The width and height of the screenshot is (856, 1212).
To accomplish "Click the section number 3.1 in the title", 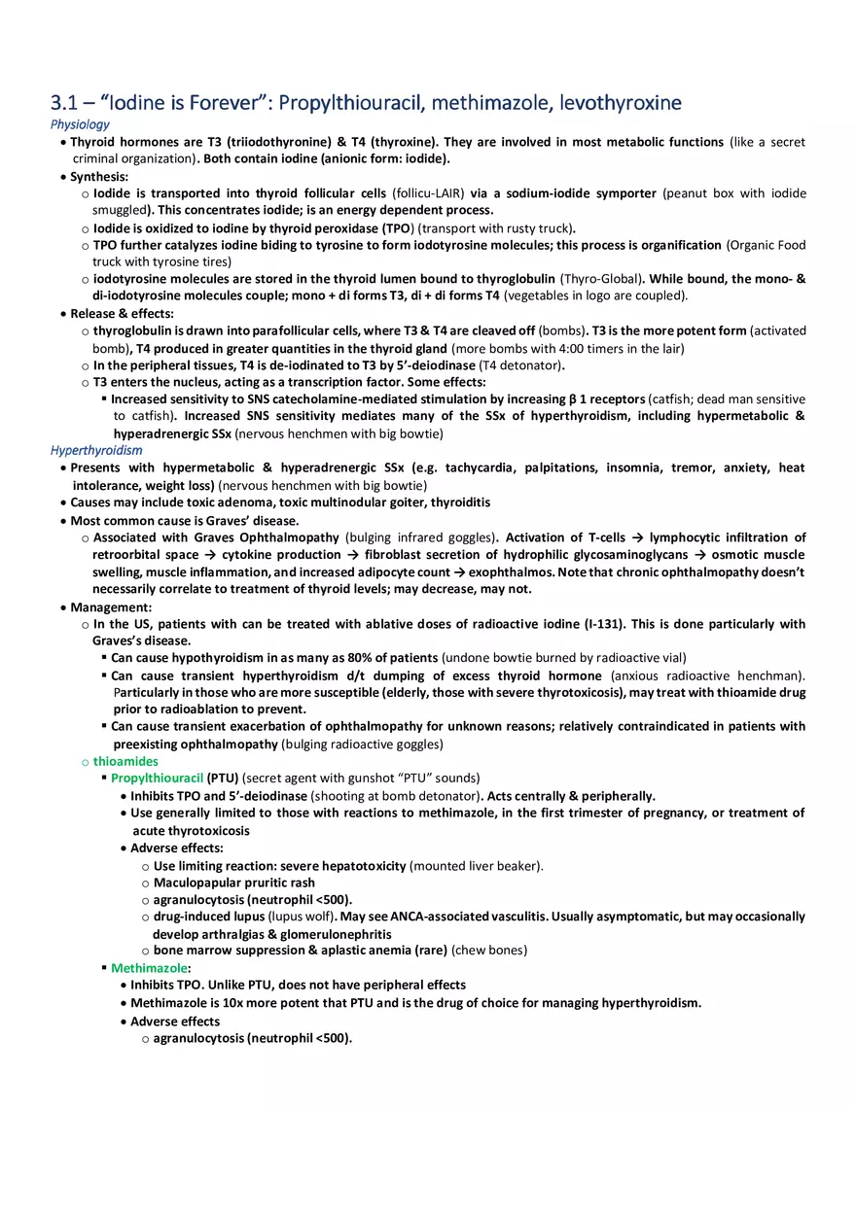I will (63, 103).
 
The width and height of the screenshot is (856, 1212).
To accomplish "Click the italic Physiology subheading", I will (80, 124).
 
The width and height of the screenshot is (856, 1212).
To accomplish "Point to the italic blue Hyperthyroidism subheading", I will (96, 450).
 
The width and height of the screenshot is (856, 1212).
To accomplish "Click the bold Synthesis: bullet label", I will (98, 177).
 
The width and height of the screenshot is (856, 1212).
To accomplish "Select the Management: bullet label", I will (110, 607).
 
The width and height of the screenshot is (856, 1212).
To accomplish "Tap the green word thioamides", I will (125, 761).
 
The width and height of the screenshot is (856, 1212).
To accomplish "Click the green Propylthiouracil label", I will (157, 779).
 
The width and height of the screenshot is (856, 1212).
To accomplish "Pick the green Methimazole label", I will (149, 968).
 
